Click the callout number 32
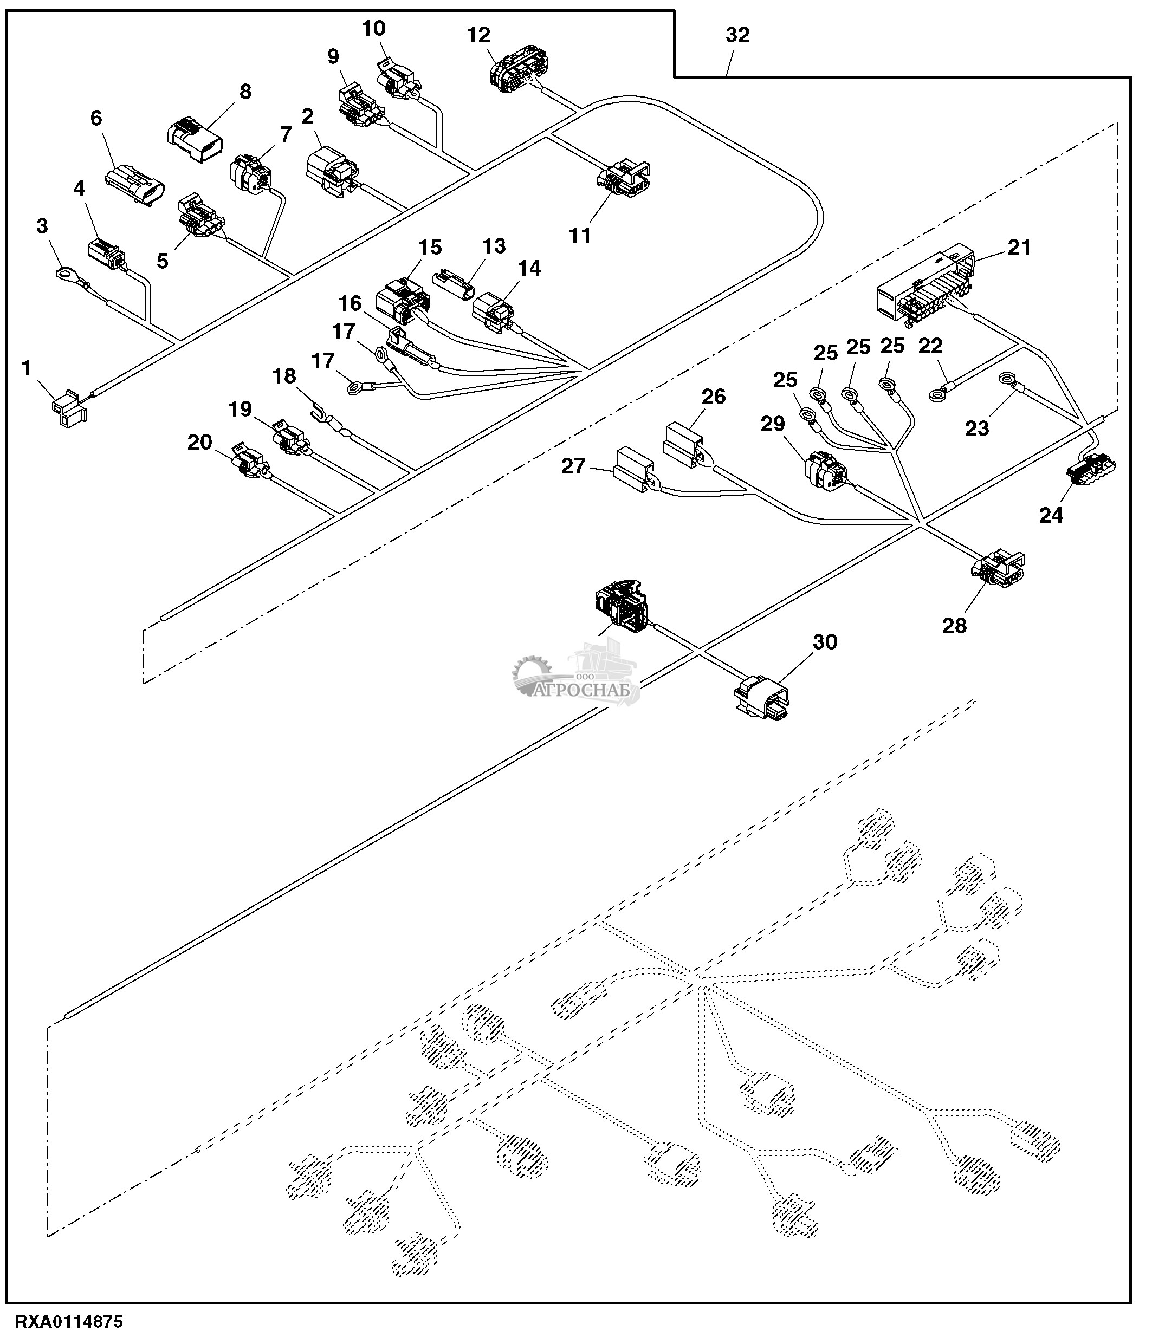pos(737,35)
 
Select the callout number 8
pos(245,92)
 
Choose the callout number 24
pos(1051,515)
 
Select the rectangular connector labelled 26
pos(683,445)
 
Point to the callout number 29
pos(773,424)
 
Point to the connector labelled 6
pos(135,185)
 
